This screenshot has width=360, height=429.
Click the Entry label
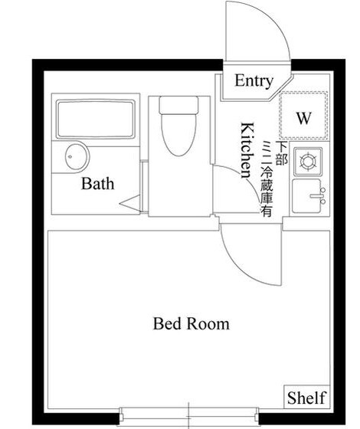click(254, 81)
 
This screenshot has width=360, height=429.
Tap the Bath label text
click(98, 183)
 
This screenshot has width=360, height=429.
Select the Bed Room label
click(191, 323)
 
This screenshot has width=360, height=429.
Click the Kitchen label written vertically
click(247, 150)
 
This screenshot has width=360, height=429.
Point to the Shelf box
click(307, 398)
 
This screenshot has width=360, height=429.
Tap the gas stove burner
click(307, 161)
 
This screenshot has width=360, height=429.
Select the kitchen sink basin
click(306, 196)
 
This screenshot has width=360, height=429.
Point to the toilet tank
click(179, 104)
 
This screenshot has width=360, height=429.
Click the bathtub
click(96, 120)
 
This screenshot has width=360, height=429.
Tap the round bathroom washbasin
click(77, 157)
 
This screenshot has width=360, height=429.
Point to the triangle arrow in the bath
click(129, 203)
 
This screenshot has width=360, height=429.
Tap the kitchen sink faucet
click(318, 196)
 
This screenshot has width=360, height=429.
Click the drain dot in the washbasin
click(70, 157)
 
